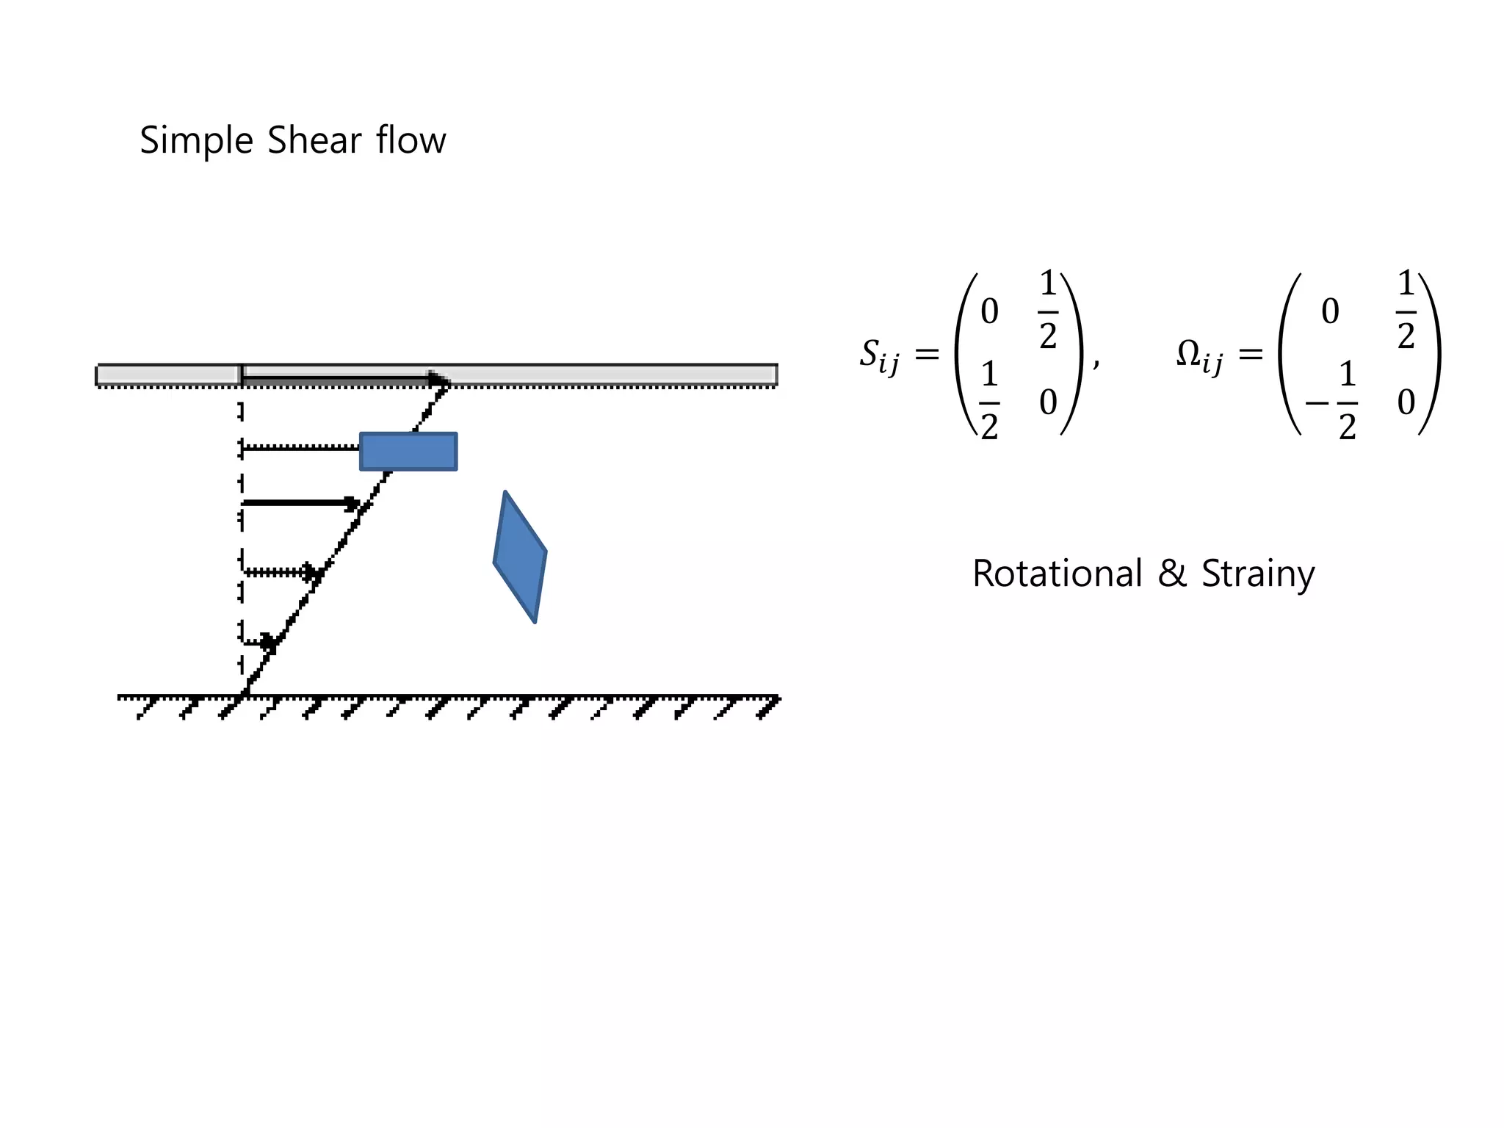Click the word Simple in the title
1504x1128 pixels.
(x=196, y=141)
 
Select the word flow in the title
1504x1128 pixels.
(x=411, y=140)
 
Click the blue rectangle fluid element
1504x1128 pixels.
(x=408, y=452)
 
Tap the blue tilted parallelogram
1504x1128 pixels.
(x=520, y=557)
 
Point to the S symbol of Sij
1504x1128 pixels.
(x=870, y=354)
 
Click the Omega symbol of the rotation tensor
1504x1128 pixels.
(x=1189, y=354)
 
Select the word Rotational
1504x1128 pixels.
(x=1057, y=574)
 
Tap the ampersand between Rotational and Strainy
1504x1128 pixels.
(x=1172, y=574)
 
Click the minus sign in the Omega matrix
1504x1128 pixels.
(x=1317, y=403)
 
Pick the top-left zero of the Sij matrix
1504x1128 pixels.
(x=989, y=311)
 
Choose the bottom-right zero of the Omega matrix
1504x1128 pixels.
(x=1406, y=402)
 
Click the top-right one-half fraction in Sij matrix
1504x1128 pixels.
(x=1048, y=311)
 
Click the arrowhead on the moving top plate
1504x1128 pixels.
(x=440, y=380)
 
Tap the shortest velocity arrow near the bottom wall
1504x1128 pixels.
(x=258, y=643)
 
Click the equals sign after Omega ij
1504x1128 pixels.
(x=1251, y=355)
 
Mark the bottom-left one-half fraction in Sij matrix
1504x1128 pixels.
(x=989, y=402)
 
